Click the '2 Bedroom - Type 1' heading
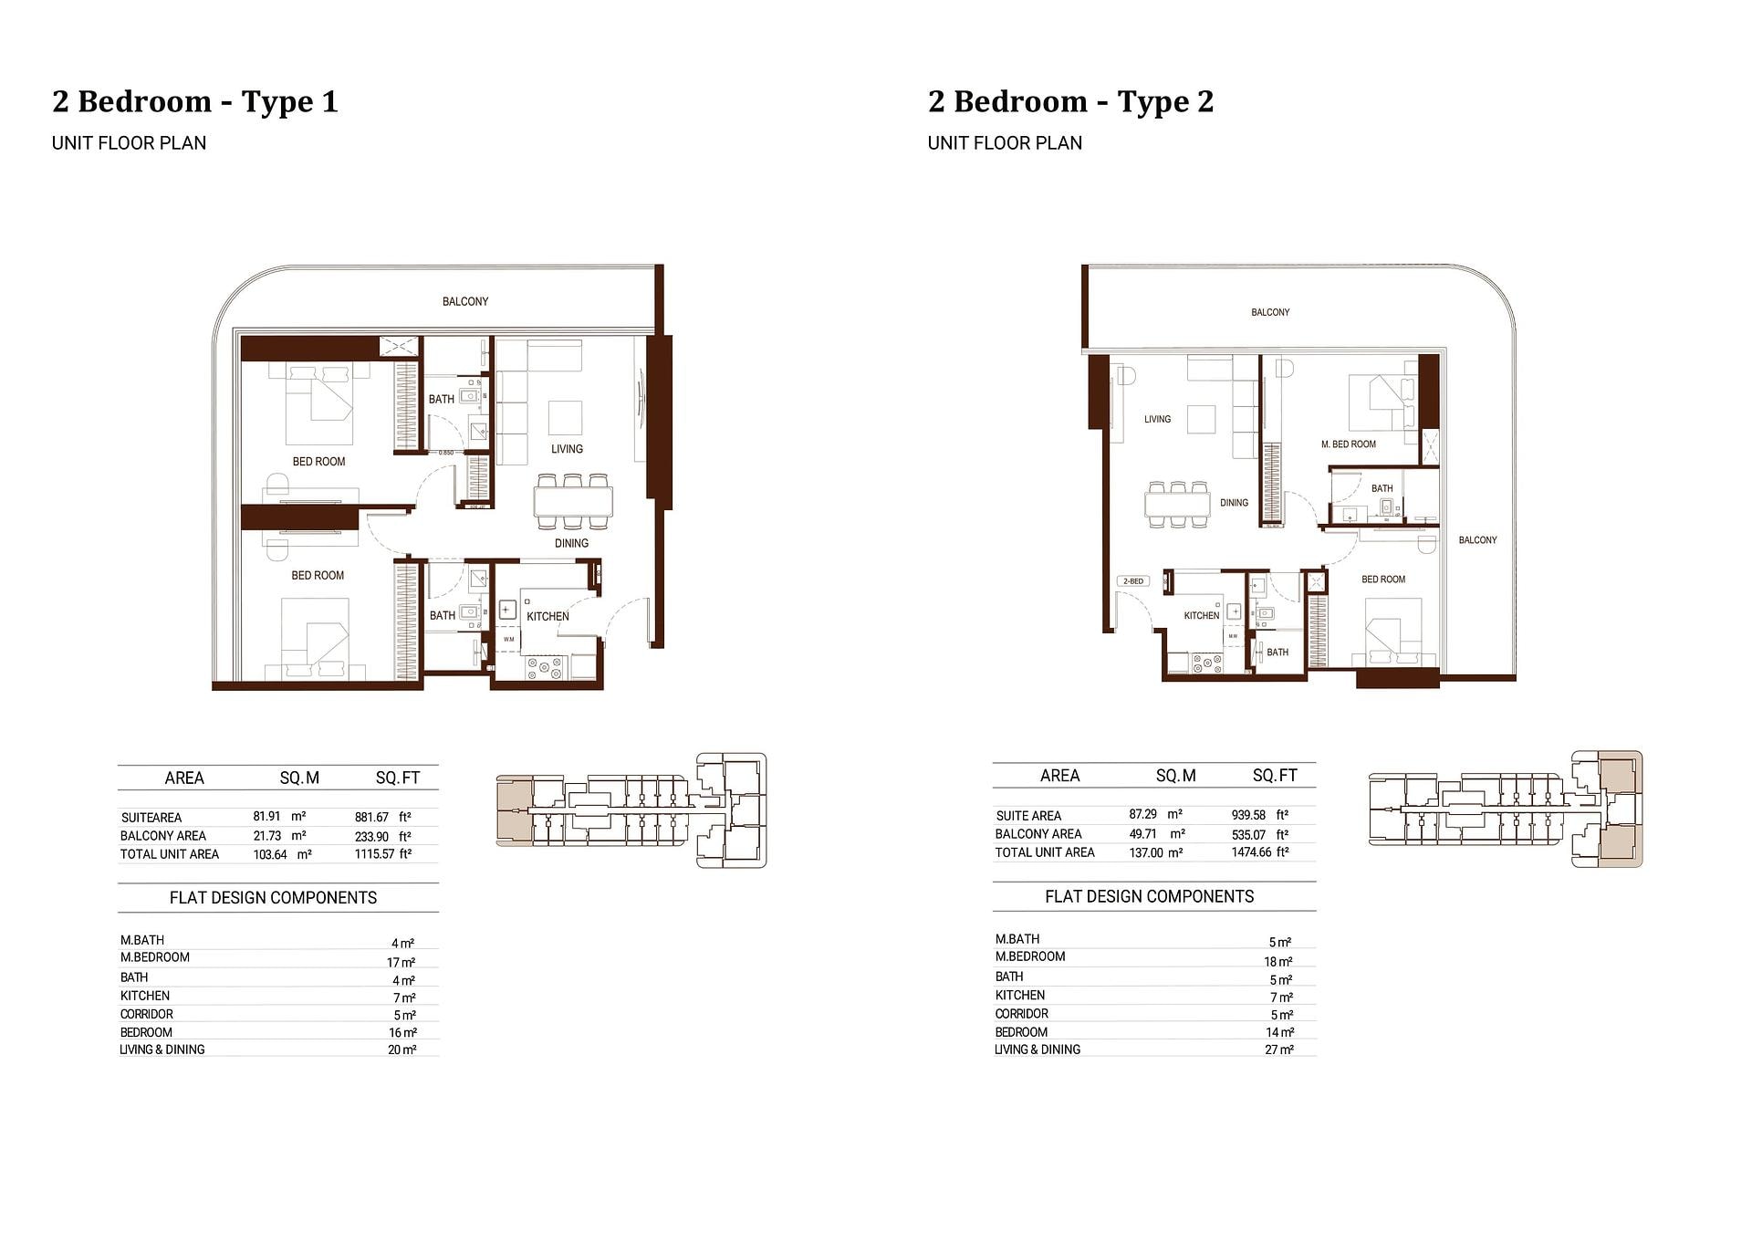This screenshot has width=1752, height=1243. [195, 101]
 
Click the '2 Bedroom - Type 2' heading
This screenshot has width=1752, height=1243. [1071, 101]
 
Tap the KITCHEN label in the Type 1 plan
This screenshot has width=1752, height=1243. [547, 616]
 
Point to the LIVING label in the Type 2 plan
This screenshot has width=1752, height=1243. [1157, 419]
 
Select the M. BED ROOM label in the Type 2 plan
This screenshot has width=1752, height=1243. [1349, 444]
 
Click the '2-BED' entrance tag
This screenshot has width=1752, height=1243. [1133, 581]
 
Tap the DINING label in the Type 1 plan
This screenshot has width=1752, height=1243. [571, 543]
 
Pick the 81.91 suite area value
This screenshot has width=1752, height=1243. [266, 817]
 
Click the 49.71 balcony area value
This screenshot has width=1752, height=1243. [1143, 833]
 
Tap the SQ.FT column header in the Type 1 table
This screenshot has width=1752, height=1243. [398, 778]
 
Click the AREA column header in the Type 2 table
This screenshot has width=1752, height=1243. [1060, 776]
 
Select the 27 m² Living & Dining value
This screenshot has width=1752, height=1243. [1279, 1050]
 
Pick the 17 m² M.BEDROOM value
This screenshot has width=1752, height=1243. [401, 963]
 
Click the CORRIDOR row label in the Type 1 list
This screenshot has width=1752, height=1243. [147, 1014]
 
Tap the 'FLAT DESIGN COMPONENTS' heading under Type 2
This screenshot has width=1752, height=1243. [1150, 896]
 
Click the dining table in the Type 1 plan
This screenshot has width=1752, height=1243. [573, 502]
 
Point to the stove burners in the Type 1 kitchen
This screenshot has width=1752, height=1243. [545, 669]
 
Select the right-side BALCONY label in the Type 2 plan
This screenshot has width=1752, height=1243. [1477, 540]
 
